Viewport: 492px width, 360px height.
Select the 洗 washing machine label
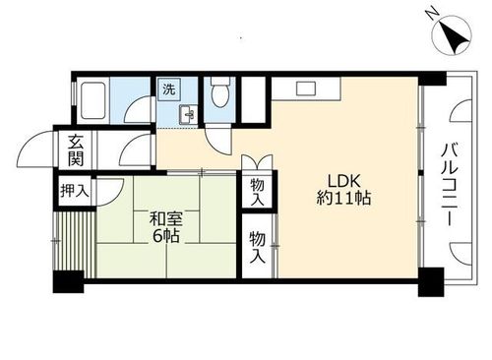(168, 89)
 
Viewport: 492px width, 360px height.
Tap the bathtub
(96, 102)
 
